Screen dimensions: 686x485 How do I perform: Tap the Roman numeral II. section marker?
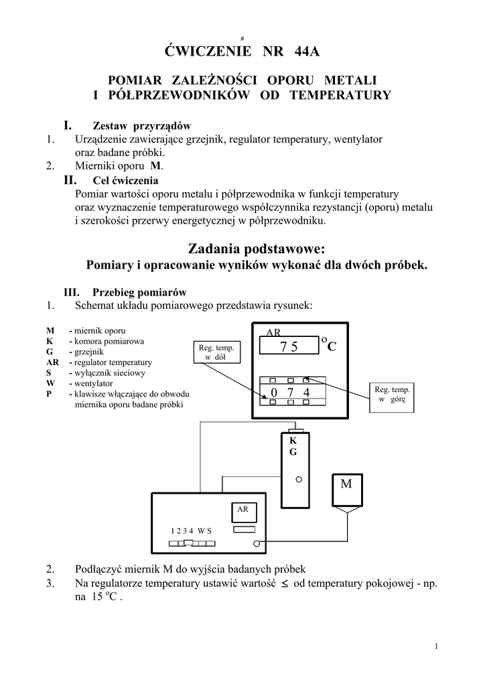pos(70,180)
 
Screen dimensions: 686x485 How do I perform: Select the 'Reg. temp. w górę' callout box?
pos(392,394)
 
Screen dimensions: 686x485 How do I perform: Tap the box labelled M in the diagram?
pos(346,484)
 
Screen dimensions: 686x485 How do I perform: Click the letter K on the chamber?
pos(293,441)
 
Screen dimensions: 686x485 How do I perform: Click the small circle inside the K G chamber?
pos(299,480)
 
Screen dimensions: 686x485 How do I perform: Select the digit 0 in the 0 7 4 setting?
pos(273,392)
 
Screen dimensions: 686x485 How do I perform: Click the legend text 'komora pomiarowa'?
pos(109,341)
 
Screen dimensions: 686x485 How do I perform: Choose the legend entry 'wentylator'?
pos(94,383)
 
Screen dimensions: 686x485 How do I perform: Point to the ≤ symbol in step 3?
pos(284,584)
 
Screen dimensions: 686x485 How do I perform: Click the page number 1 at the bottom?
pos(435,646)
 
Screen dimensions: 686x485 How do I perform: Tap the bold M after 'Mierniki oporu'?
pos(155,166)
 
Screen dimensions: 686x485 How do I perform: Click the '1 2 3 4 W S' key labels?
pos(191,531)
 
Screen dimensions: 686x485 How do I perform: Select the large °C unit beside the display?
pos(328,344)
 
